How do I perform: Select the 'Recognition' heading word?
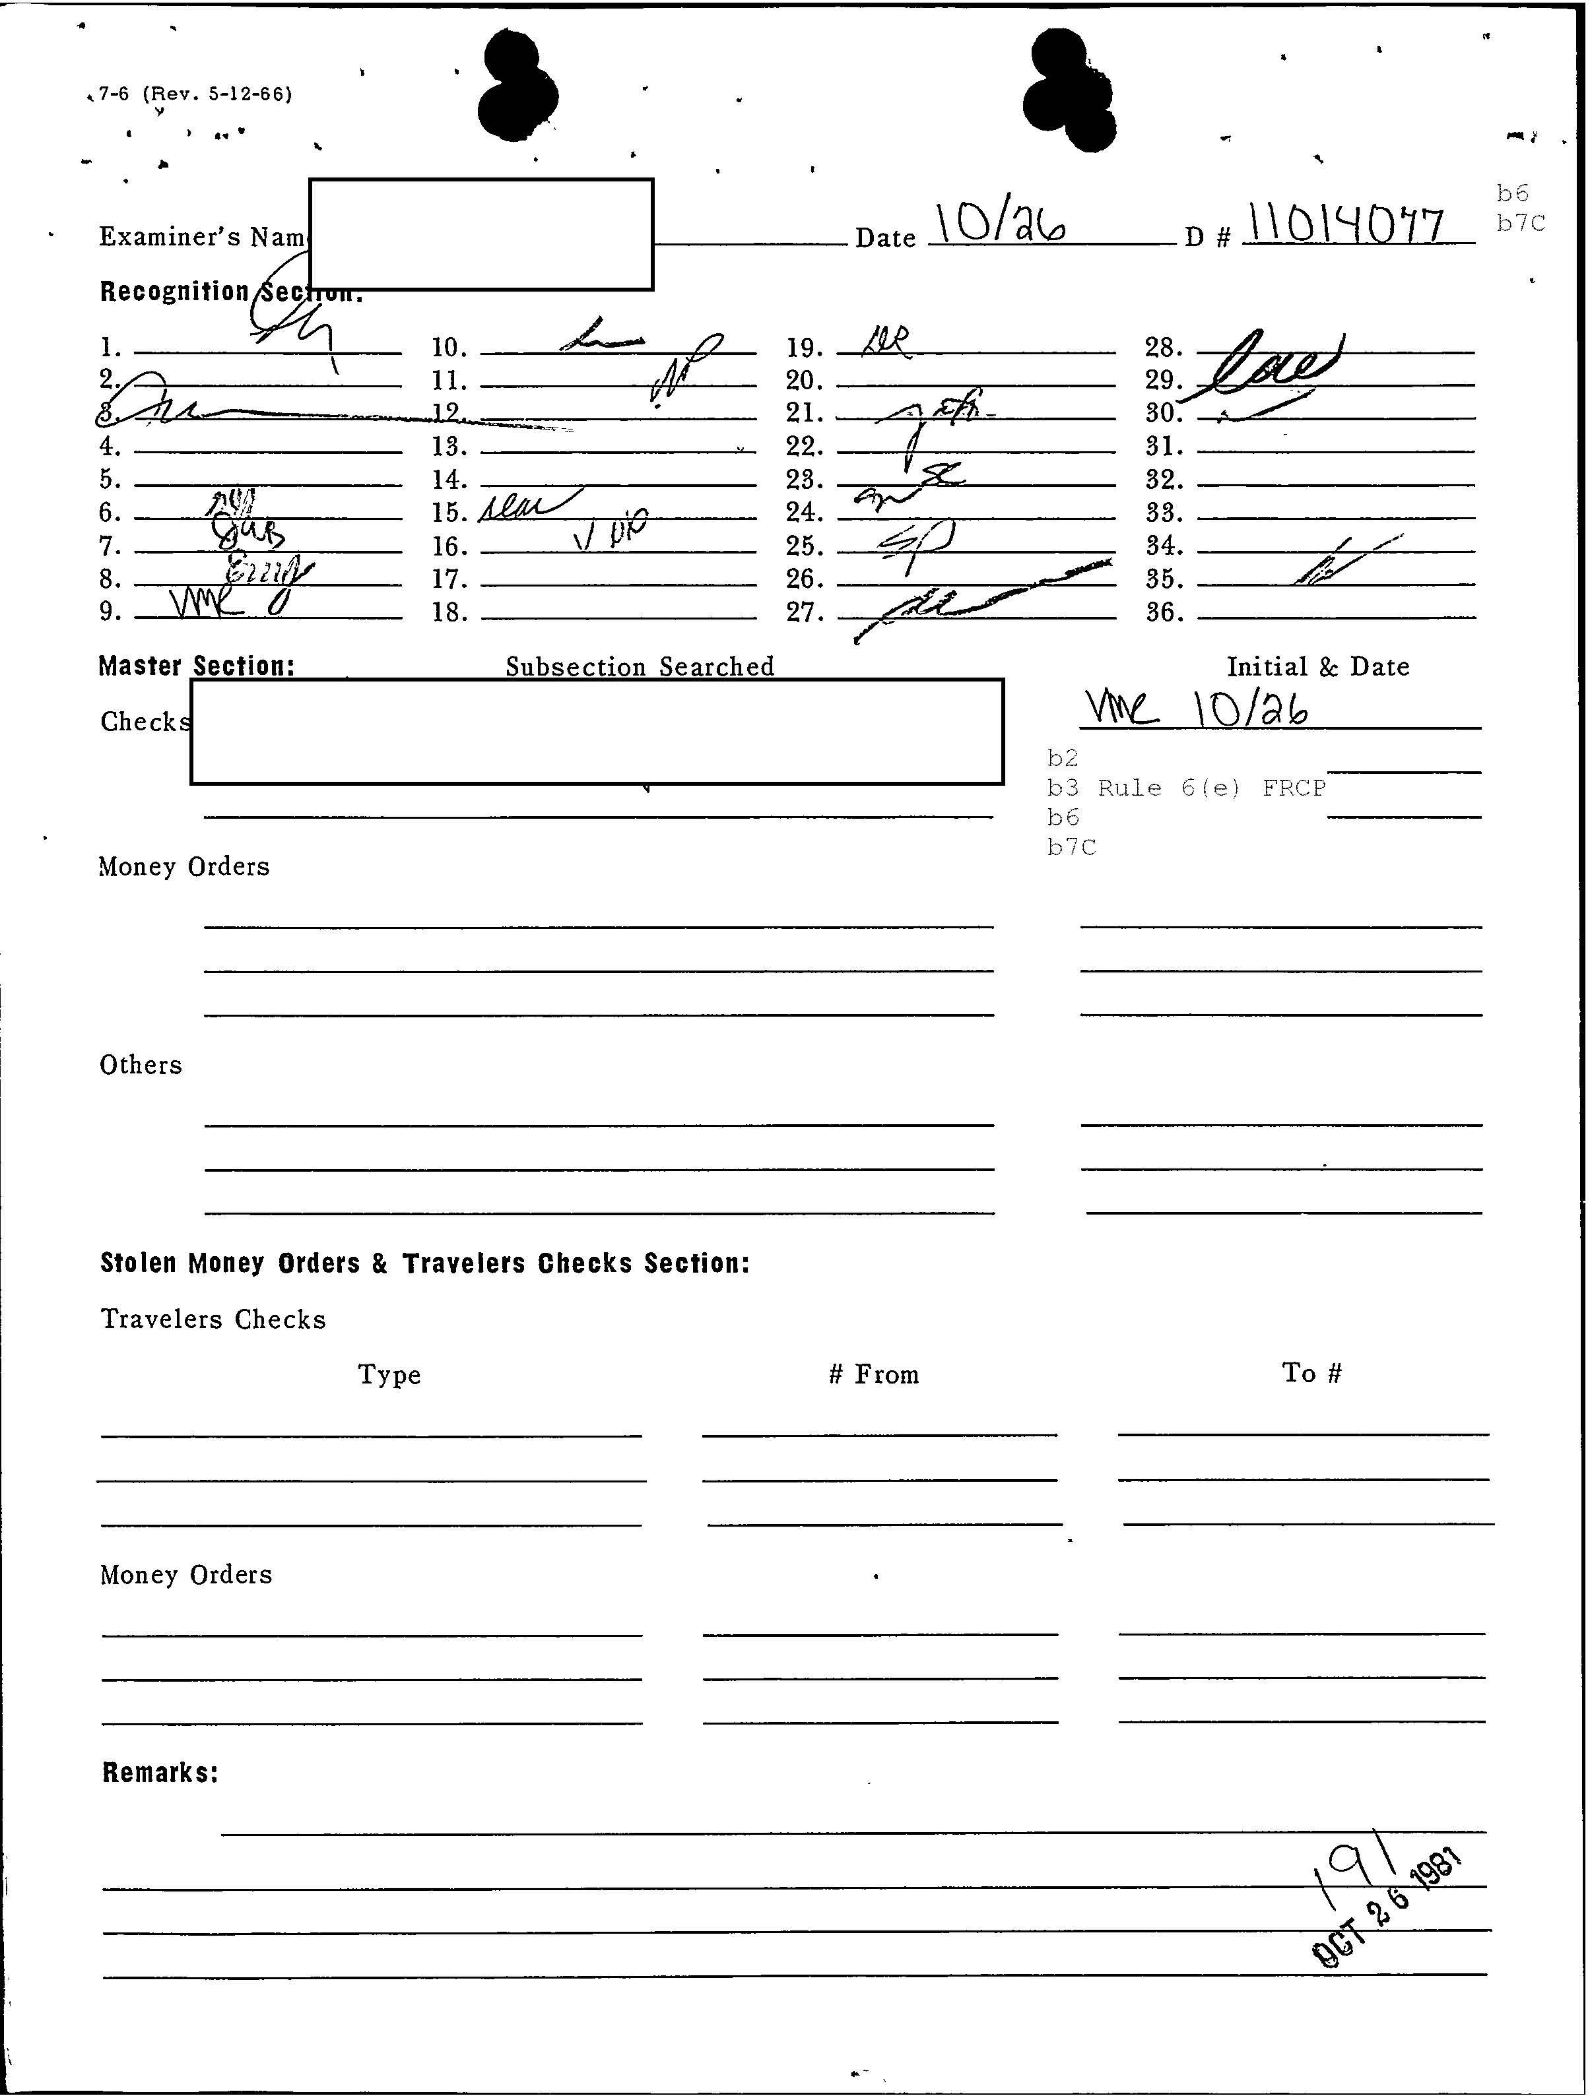[174, 291]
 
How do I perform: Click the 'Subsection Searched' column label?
[640, 667]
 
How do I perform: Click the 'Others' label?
[141, 1064]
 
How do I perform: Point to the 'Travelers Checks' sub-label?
[213, 1319]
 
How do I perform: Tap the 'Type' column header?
[389, 1374]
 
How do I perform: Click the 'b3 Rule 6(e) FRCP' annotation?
[1186, 787]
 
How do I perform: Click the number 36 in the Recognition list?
[1164, 613]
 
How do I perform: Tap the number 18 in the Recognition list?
[449, 613]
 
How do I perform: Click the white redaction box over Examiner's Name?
[481, 234]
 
